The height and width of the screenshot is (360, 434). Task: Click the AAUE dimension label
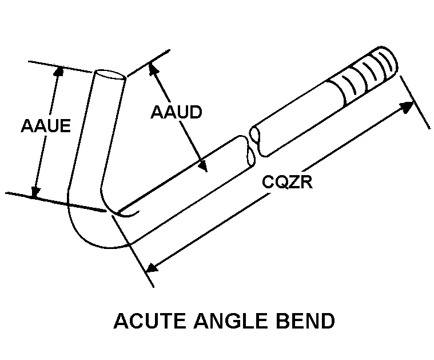click(46, 125)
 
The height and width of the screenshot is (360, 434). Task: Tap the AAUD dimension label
click(176, 112)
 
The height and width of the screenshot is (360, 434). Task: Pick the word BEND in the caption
click(306, 321)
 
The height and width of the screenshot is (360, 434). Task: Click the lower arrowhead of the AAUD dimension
click(202, 167)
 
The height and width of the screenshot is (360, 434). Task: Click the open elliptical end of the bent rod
click(109, 76)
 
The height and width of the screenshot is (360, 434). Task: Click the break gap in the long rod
click(252, 144)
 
